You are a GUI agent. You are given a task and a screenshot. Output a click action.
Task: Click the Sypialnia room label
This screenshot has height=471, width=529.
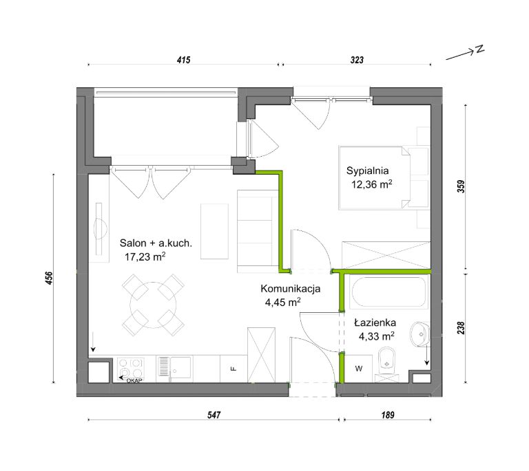point(367,171)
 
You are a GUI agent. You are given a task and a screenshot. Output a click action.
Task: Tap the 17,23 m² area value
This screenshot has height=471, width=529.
point(145,257)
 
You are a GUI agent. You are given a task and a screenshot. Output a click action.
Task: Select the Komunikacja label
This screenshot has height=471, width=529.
point(291,289)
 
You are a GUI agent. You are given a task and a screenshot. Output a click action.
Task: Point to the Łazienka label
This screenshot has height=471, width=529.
point(375,322)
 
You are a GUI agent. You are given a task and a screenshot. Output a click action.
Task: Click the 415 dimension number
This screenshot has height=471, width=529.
point(183,60)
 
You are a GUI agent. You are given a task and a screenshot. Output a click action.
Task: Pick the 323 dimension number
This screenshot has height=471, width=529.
point(357,60)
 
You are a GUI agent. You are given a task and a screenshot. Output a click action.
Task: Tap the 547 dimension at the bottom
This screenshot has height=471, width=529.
point(214,415)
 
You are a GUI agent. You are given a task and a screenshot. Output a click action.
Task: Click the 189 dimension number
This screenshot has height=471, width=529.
point(388,415)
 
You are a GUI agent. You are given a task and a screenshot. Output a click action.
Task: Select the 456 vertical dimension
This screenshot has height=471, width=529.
point(50,278)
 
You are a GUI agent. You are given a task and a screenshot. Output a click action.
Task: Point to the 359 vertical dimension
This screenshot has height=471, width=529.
point(461,186)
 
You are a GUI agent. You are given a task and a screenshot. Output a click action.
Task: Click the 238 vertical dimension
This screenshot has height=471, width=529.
point(461,328)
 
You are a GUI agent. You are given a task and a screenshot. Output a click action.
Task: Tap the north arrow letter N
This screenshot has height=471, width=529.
point(479,49)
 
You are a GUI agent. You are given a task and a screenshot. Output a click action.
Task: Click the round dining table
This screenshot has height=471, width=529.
point(153,305)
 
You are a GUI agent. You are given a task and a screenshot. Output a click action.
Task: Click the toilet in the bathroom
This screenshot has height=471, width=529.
point(386,362)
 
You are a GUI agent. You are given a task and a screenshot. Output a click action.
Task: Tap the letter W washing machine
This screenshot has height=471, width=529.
point(359,369)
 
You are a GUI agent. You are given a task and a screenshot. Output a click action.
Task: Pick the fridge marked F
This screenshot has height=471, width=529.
point(234,369)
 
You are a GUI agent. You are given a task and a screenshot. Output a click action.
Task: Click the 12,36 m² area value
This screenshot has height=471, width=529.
point(372,184)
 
